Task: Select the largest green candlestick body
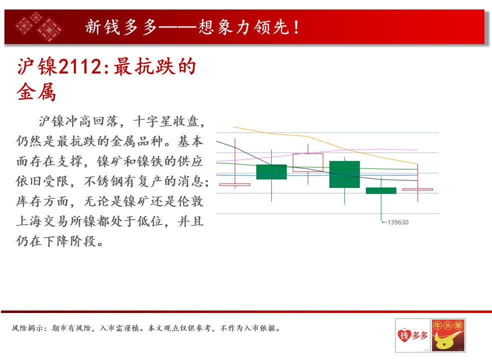344,174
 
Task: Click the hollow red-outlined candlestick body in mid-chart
308,162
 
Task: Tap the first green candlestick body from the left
271,172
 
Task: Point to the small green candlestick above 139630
381,190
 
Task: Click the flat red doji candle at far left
235,184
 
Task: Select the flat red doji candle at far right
417,189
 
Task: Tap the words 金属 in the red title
36,92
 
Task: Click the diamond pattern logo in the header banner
39,26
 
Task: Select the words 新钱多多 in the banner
121,27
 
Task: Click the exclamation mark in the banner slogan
296,27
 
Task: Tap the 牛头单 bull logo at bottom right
448,335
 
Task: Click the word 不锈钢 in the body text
104,181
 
